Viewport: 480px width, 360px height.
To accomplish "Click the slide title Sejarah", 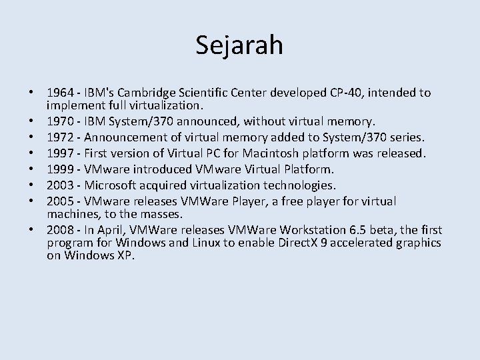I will click(x=240, y=45).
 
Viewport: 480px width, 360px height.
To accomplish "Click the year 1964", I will click(x=60, y=93).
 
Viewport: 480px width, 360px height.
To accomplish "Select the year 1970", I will click(x=60, y=121).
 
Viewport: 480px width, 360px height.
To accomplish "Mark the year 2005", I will click(x=60, y=201).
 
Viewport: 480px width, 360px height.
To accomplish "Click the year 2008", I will click(x=60, y=230).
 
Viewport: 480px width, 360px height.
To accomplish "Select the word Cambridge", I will click(x=169, y=93).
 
